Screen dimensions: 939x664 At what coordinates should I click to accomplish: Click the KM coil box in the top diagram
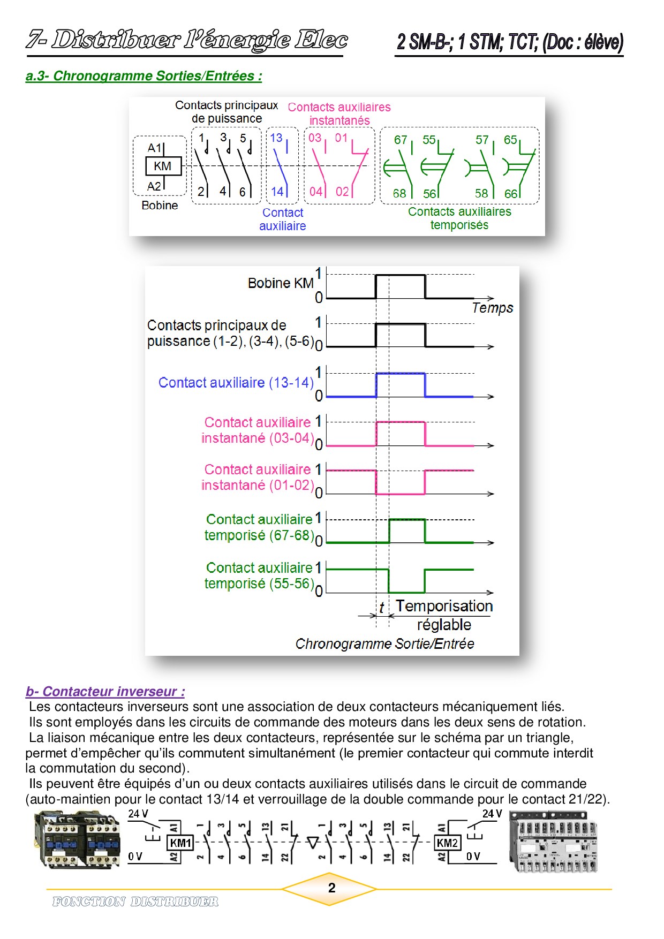(163, 166)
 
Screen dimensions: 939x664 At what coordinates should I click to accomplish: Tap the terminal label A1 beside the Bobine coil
(154, 148)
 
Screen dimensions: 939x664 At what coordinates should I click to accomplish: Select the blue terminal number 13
(276, 138)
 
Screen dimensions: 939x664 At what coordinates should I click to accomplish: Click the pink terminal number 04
(315, 192)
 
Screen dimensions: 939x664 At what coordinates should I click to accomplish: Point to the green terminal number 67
(400, 140)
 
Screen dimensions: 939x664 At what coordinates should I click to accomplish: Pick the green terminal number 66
(511, 193)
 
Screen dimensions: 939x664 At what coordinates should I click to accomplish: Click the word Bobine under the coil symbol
(160, 206)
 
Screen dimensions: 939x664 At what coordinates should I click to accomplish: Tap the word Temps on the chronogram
(492, 308)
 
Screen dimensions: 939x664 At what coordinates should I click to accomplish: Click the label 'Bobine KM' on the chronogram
(281, 283)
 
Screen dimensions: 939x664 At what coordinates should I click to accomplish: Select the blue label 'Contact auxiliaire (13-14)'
(236, 383)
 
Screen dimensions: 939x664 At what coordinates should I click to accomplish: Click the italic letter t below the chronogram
(381, 608)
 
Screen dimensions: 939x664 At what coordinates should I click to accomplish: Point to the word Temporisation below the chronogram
(444, 606)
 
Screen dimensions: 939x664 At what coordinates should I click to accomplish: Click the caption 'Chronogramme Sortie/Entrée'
(384, 643)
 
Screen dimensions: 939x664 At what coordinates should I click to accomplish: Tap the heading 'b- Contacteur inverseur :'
(105, 691)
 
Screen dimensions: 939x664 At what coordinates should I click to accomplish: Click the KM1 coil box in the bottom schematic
(180, 843)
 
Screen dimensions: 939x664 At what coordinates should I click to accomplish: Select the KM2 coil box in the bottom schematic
(447, 843)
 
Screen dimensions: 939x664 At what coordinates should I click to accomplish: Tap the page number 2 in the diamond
(331, 888)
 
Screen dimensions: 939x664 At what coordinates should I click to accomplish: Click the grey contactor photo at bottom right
(553, 841)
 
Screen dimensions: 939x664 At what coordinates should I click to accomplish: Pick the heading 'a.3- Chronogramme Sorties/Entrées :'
(144, 76)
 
